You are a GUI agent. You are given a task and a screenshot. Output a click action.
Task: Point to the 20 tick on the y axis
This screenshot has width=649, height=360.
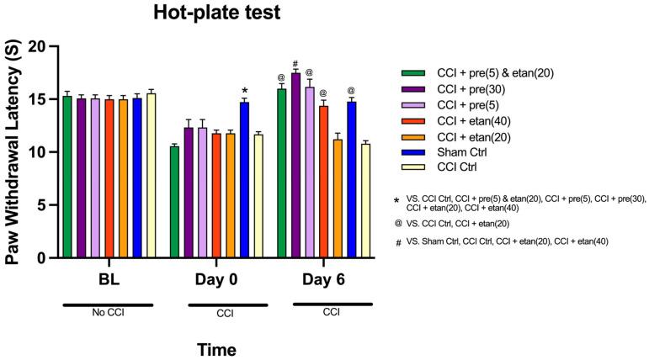tap(42, 47)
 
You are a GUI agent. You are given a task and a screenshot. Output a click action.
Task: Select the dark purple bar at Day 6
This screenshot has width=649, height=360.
tap(295, 166)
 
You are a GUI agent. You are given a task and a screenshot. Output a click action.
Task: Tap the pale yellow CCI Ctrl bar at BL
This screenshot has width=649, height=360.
tap(151, 176)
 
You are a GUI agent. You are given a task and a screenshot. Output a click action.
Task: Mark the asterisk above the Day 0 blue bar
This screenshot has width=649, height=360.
tap(244, 91)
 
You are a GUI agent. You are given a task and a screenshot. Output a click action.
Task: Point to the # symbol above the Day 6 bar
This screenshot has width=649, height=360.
tap(295, 64)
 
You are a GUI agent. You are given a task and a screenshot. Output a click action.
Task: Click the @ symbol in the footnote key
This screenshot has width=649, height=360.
tap(397, 225)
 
